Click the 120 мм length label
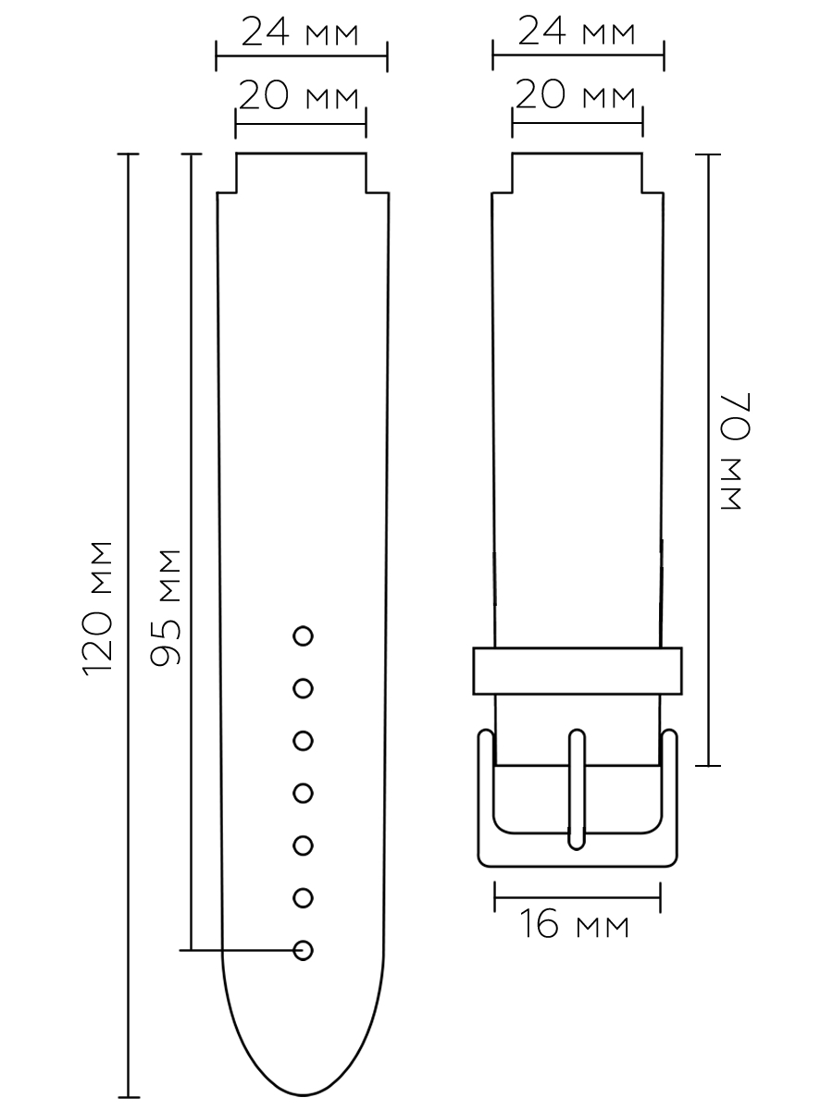point(97,609)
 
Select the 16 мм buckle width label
point(574,923)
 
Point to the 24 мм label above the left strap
point(300,31)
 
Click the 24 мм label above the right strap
point(576,31)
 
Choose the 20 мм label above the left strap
point(298,95)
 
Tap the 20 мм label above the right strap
point(575,94)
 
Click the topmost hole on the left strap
point(303,636)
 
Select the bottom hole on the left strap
point(303,950)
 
